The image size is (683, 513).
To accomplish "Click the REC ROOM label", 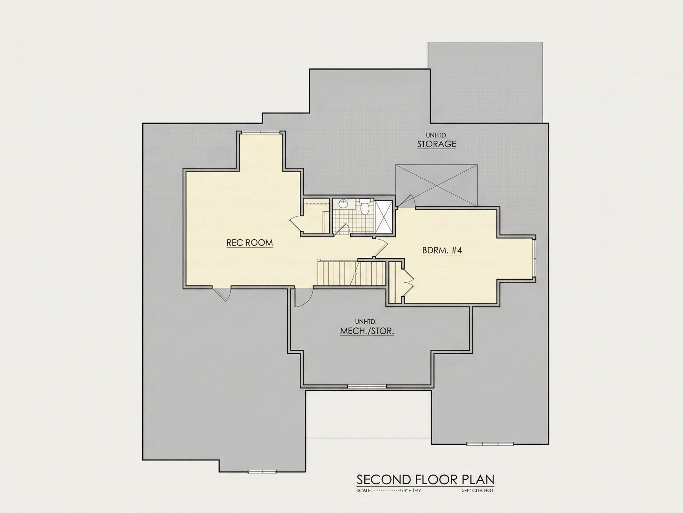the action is point(250,243).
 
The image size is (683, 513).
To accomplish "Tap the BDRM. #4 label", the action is point(442,250).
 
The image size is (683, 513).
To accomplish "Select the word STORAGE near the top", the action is point(437,144).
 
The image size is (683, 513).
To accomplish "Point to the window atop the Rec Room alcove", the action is point(261,132).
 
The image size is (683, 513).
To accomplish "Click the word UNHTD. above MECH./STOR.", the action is point(366,322).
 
